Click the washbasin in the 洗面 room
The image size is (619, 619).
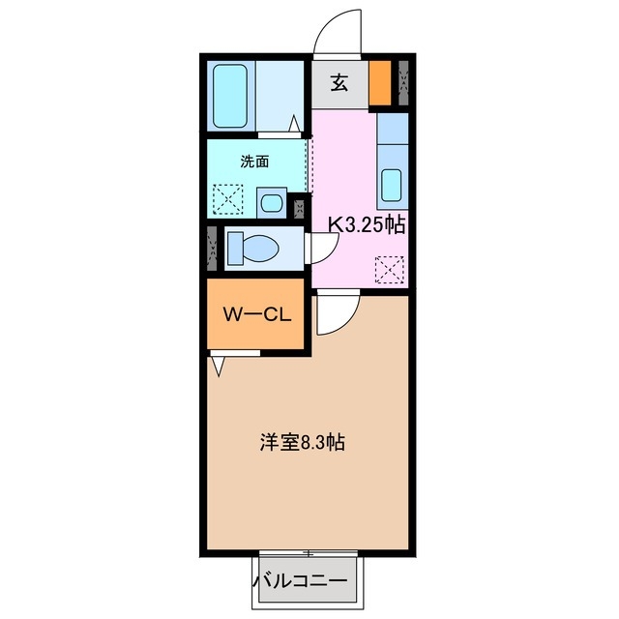(x=272, y=203)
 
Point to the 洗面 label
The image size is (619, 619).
(x=254, y=161)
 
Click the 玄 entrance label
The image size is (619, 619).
(x=339, y=83)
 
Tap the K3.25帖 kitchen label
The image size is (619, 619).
(x=366, y=224)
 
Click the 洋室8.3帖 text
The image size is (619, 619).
(x=301, y=443)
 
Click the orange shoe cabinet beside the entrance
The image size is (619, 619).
(x=380, y=83)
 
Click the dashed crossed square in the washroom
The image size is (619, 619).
(x=229, y=200)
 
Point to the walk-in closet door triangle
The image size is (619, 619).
(x=219, y=366)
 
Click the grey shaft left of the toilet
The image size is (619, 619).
(x=213, y=248)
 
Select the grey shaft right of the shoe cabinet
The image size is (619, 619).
(x=403, y=83)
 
